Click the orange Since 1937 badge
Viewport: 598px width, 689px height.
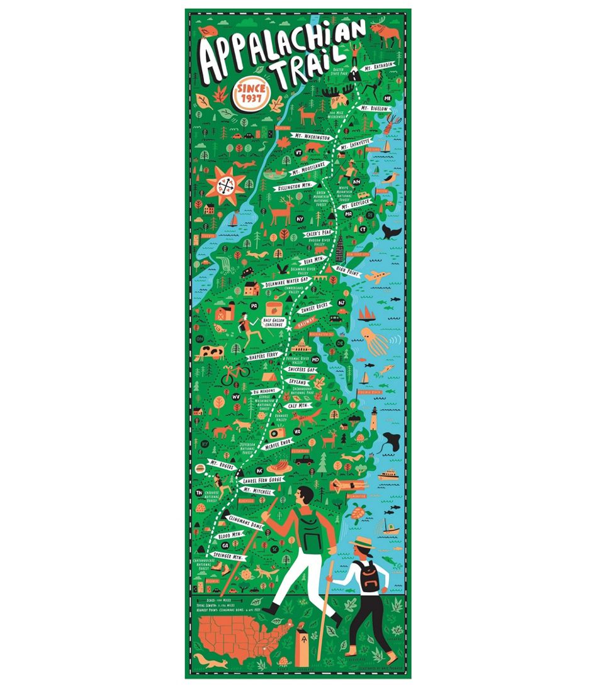pos(251,95)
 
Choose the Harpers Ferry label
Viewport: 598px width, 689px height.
pos(264,356)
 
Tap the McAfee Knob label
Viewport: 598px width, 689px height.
pos(280,444)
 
